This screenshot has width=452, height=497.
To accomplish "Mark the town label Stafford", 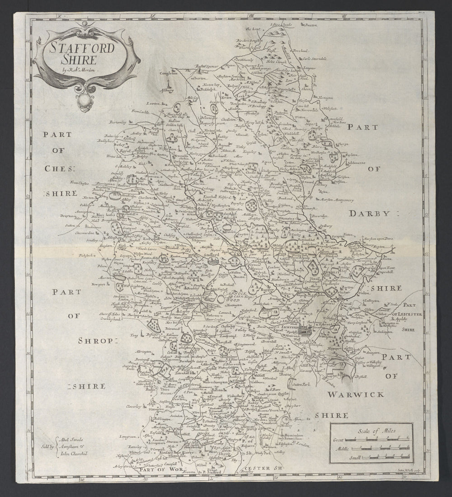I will click(x=212, y=255).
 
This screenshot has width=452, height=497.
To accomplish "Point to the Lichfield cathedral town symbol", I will click(x=311, y=330).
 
